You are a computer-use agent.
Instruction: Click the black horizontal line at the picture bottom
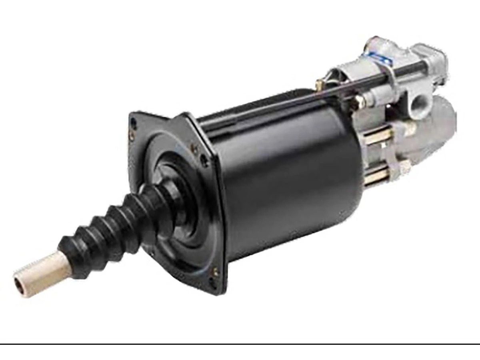pyautogui.click(x=240, y=344)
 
